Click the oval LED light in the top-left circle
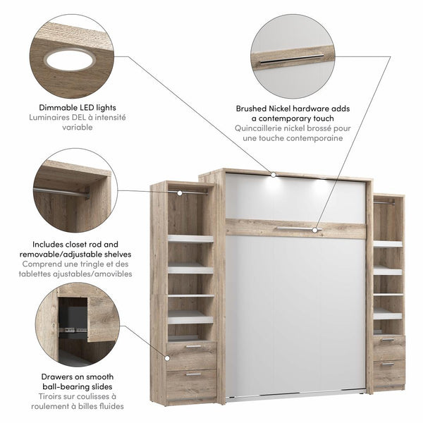pos(70,60)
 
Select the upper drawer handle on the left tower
pos(192,346)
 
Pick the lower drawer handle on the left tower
pos(192,374)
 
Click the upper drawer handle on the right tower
pos(387,340)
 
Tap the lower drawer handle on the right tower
pos(387,364)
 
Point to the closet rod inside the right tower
pos(384,203)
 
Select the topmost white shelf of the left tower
pos(190,239)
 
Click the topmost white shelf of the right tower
pos(388,244)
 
